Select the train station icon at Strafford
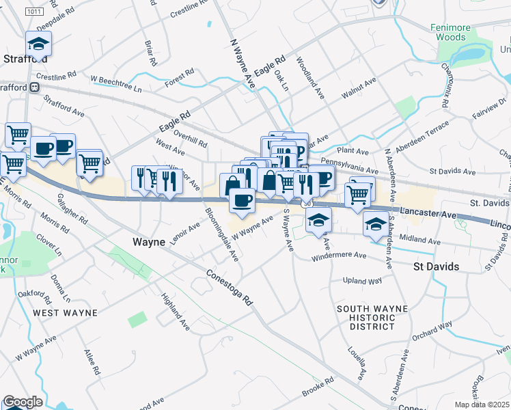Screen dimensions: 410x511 click(33, 87)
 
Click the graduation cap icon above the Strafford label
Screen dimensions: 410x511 click(39, 44)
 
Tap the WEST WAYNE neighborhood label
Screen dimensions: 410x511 click(66, 313)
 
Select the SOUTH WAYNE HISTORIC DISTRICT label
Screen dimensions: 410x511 click(373, 318)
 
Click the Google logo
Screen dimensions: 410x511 click(23, 402)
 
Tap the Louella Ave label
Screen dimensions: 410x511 click(358, 365)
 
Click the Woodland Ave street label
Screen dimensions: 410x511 click(309, 79)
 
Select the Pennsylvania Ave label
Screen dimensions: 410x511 click(349, 167)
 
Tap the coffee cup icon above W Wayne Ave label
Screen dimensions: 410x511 click(241, 200)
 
